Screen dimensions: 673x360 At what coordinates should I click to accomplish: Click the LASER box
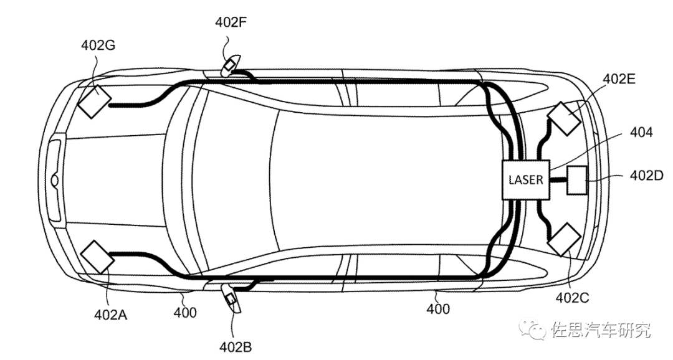(x=526, y=180)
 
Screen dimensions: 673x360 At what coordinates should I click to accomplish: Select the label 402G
(x=98, y=45)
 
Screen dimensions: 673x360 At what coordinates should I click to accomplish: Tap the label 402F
(x=231, y=22)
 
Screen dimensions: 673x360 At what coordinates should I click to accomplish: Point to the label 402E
(x=619, y=79)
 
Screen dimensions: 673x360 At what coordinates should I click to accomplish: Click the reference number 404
(x=641, y=132)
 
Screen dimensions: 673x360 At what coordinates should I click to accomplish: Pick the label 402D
(x=646, y=176)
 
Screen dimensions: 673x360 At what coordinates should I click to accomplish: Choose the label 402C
(x=573, y=297)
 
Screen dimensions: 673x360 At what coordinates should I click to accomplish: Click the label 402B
(x=235, y=347)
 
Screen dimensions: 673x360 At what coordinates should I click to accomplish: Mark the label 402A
(x=111, y=315)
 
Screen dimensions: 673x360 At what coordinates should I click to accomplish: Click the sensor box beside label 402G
(x=94, y=102)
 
